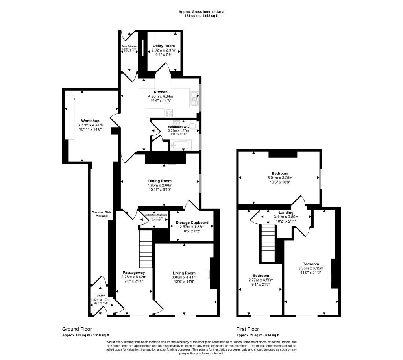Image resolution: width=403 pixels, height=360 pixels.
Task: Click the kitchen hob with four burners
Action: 168,112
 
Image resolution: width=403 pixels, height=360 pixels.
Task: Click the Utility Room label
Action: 164,46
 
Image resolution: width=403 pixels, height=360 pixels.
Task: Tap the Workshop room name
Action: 90,121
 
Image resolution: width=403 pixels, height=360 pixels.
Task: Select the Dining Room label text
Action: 160,181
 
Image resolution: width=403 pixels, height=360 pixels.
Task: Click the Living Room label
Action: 184,273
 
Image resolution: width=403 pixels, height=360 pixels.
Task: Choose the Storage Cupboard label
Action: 192,223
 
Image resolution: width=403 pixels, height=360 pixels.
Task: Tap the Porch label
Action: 101,295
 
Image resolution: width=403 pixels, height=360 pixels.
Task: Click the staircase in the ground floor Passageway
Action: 145,249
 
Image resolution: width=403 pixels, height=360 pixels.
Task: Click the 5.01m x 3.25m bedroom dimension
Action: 280,178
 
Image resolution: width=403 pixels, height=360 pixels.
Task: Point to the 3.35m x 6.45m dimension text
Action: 311,269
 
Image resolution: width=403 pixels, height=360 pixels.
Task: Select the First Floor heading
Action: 248,329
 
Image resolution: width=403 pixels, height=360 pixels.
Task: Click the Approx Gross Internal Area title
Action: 201,12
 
